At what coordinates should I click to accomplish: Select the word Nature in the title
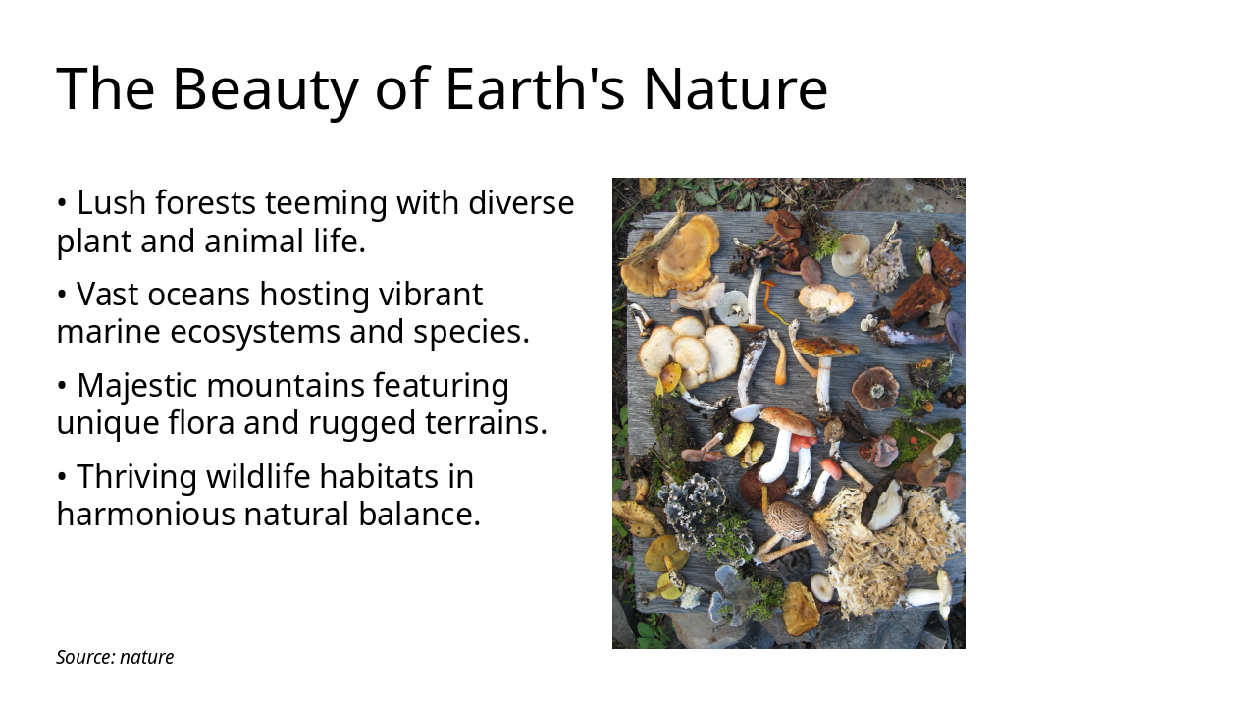click(x=736, y=88)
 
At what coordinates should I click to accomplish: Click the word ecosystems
click(x=256, y=332)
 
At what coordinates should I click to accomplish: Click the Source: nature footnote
click(x=115, y=657)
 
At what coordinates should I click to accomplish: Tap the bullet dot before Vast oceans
click(x=62, y=295)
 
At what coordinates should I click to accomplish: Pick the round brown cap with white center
click(x=874, y=389)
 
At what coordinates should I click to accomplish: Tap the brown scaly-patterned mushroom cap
click(x=787, y=519)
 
